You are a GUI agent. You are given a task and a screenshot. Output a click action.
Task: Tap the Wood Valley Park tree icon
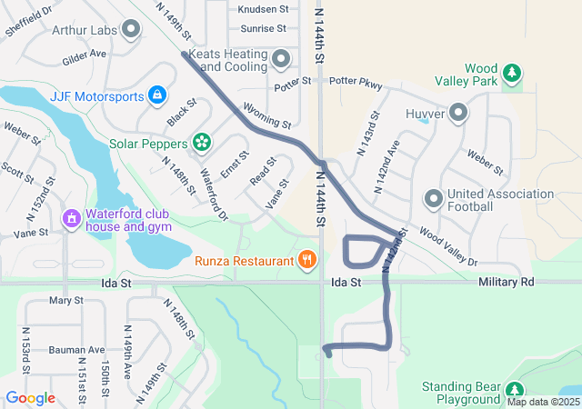512,72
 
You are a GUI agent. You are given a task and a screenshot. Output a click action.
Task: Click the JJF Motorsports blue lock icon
157,95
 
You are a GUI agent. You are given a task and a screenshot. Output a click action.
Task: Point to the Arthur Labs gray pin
132,30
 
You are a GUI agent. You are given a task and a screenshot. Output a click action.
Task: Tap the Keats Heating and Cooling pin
281,60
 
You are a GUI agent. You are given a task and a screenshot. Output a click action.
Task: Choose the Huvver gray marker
458,114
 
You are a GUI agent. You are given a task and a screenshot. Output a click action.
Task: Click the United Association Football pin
434,198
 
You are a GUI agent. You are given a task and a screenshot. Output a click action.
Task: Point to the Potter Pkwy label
355,81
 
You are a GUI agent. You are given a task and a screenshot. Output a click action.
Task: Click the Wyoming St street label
267,115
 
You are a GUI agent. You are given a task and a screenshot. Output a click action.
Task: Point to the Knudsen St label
262,9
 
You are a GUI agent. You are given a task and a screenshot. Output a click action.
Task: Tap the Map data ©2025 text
542,402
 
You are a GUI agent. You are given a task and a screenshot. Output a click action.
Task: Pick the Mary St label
66,300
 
